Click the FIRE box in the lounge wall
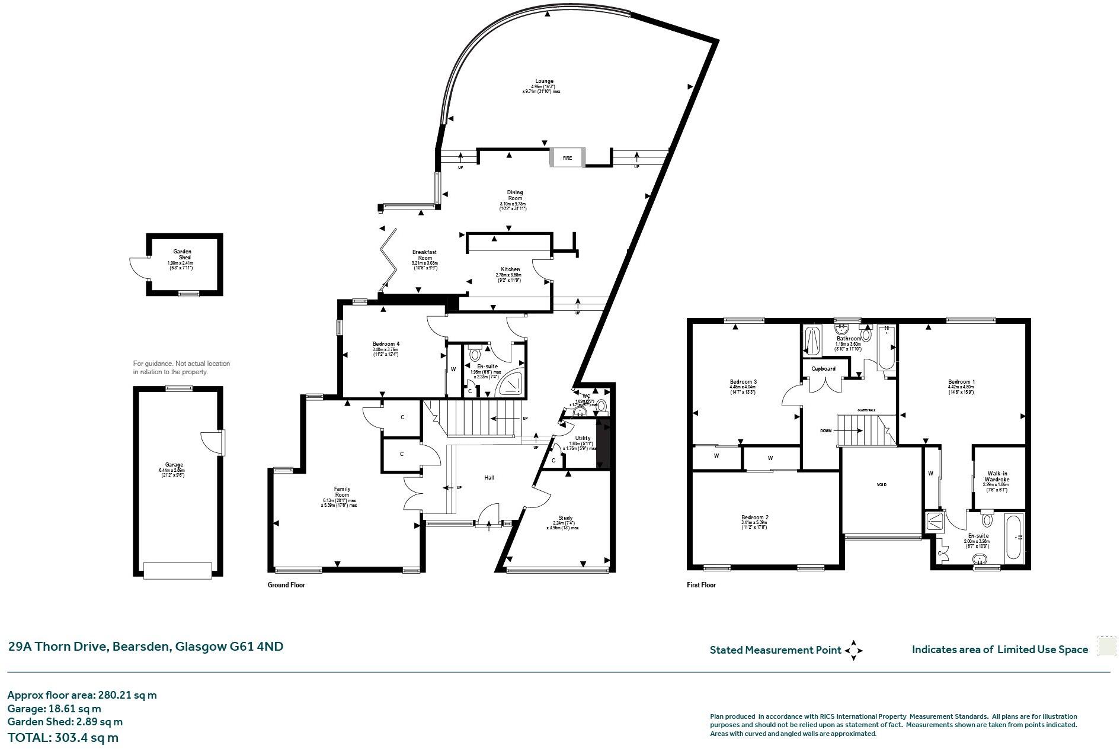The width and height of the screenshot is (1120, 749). click(x=568, y=158)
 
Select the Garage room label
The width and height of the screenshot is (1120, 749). click(x=174, y=465)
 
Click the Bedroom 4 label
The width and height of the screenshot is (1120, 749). click(x=386, y=344)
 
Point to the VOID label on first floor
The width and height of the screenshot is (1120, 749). click(x=881, y=485)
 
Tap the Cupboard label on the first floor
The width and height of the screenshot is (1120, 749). click(x=823, y=369)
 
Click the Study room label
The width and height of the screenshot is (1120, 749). click(x=565, y=517)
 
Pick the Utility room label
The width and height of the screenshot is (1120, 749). click(x=583, y=438)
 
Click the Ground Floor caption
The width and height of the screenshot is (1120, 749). click(x=286, y=585)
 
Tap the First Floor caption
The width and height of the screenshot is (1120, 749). click(x=701, y=585)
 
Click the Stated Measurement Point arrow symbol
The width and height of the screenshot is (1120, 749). click(x=853, y=650)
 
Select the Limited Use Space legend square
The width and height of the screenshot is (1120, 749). click(x=1106, y=647)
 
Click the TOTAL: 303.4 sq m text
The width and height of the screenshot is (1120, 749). click(x=63, y=738)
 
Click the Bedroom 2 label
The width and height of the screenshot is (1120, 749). click(x=754, y=517)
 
